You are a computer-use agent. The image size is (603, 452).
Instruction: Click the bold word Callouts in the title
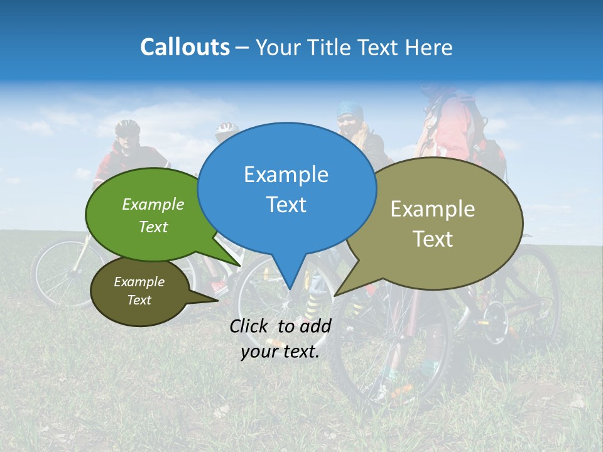point(185,47)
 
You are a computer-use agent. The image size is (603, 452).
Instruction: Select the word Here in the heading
point(429,47)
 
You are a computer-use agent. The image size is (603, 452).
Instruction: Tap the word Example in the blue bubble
point(286,175)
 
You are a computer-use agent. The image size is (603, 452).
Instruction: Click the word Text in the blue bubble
point(286,205)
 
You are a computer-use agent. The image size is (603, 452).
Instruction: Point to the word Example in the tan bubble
point(433,209)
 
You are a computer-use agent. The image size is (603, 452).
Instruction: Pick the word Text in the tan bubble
point(433,239)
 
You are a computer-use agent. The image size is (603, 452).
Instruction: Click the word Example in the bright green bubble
point(153,205)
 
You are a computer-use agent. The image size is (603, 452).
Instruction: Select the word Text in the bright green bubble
point(153,227)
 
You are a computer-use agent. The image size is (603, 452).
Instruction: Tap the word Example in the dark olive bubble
point(139,282)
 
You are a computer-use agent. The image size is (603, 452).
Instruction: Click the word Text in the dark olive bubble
point(139,300)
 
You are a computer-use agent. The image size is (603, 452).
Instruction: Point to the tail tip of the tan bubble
point(336,294)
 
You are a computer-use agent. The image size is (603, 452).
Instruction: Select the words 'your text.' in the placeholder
point(280,352)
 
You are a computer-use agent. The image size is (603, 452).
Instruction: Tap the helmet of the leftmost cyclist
point(128,127)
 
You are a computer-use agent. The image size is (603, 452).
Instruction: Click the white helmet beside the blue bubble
point(225,130)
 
